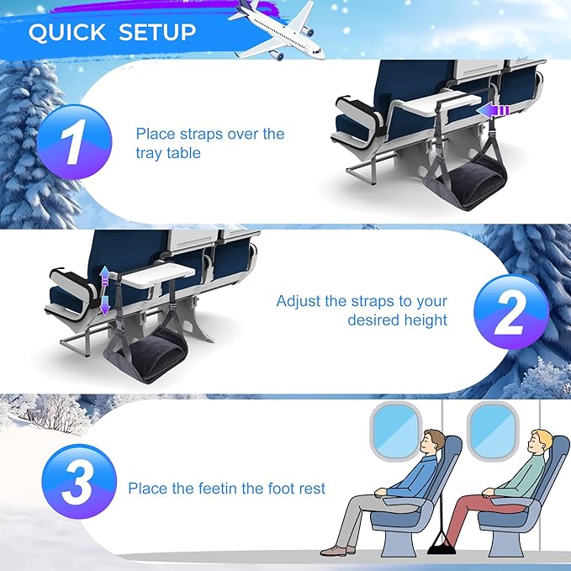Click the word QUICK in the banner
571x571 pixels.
click(67, 33)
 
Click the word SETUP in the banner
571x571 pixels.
click(157, 33)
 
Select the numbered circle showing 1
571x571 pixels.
click(75, 142)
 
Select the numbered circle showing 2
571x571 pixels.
click(511, 312)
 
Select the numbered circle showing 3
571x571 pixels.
click(79, 482)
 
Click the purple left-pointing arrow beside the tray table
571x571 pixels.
click(493, 111)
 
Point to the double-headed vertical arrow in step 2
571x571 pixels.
click(104, 290)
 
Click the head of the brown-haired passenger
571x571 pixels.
click(432, 443)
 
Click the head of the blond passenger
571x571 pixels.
click(540, 443)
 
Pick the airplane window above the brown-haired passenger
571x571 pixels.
click(396, 431)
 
